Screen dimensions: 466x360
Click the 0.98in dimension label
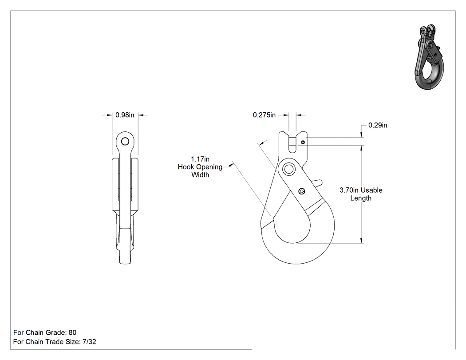coord(125,115)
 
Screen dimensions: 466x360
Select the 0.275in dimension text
coord(264,115)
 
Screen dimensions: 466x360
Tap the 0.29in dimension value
coord(378,125)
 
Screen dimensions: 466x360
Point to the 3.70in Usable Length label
coord(361,194)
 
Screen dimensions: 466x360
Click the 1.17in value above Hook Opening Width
coord(200,159)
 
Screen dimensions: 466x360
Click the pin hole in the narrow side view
coord(125,141)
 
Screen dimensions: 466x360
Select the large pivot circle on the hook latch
coord(288,170)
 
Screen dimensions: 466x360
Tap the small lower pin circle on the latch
coord(302,191)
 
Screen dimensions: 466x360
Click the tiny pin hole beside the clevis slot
coord(303,142)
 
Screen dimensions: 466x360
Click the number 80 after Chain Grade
coord(72,332)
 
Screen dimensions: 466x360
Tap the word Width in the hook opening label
coord(200,175)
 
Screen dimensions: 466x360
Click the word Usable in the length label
coord(371,190)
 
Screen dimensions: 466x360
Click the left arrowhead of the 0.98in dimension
coord(109,115)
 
